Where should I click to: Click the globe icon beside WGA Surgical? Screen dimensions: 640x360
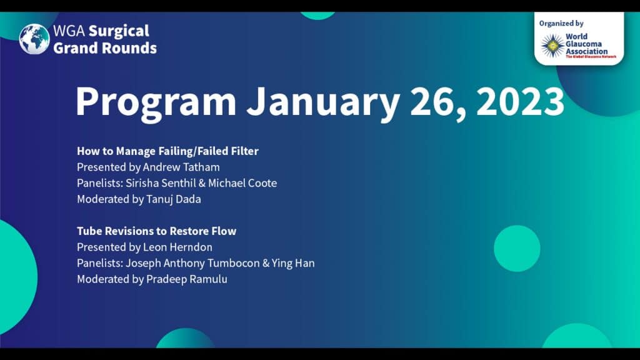(x=34, y=39)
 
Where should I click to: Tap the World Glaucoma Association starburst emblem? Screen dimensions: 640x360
(x=552, y=46)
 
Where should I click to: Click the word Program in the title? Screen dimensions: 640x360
(x=156, y=102)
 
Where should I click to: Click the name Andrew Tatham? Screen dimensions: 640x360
(x=181, y=167)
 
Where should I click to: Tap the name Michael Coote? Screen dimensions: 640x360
(x=242, y=183)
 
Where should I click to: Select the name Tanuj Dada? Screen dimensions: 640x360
(x=174, y=199)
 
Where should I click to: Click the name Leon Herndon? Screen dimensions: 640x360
(x=177, y=247)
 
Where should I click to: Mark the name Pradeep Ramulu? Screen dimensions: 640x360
(x=186, y=279)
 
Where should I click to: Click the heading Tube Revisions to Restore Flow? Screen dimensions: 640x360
(x=157, y=231)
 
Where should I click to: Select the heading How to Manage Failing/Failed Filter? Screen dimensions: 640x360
(x=167, y=151)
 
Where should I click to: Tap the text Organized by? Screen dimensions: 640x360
(x=561, y=24)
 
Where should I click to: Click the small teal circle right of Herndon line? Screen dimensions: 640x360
(x=517, y=249)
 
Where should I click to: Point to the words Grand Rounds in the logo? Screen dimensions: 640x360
(x=105, y=48)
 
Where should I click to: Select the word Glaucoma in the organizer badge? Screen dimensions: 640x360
(x=584, y=44)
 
